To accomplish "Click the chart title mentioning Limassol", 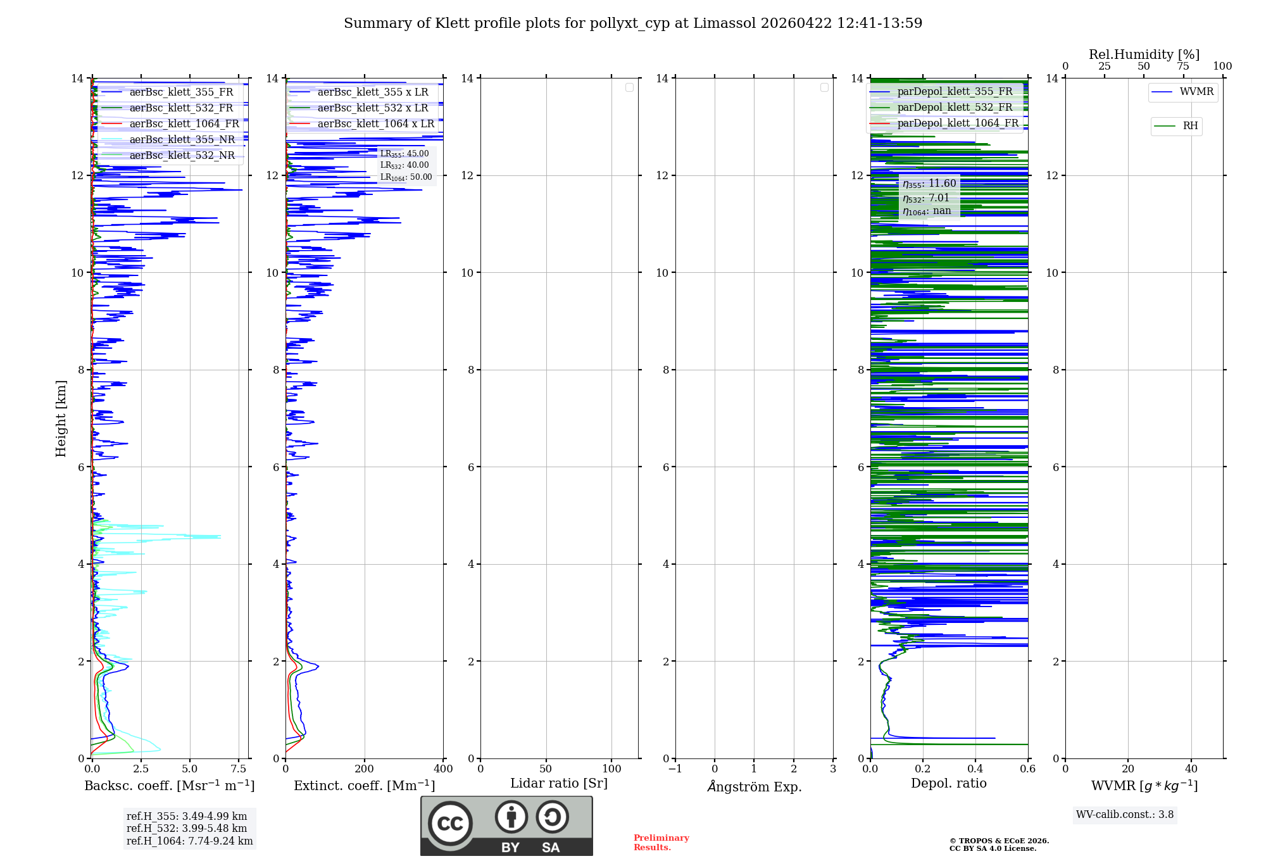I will coord(633,23).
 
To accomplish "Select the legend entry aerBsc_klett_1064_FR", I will coord(184,124).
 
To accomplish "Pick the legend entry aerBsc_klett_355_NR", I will coord(182,140).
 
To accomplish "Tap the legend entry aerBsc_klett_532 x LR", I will coord(373,108).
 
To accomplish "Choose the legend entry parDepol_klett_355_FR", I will coord(955,92).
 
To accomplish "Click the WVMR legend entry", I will coord(1196,92).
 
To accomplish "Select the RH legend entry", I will coord(1190,126).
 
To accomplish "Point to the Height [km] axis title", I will coord(61,418).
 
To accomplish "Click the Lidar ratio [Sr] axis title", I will coord(559,784).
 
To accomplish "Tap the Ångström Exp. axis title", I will coord(754,787).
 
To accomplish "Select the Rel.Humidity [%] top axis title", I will coord(1144,54).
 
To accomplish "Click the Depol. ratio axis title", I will coord(948,784).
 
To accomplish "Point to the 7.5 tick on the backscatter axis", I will coord(239,769).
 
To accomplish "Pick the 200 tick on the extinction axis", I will coord(365,769).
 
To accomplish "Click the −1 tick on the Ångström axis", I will coord(675,769).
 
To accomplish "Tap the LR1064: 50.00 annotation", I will coord(406,177).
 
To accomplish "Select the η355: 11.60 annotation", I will coord(929,184).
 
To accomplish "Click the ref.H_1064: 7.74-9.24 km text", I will coord(189,841).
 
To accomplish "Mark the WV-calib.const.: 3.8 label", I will coord(1125,815).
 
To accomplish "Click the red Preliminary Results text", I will coord(661,843).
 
